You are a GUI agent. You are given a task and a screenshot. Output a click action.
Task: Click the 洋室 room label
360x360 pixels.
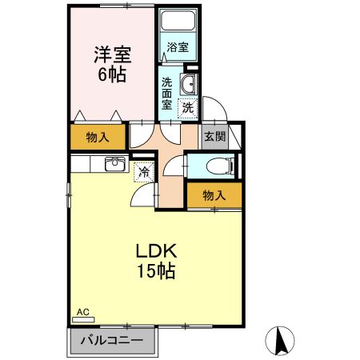point(112,55)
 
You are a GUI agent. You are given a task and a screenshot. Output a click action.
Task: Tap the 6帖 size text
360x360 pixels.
point(112,74)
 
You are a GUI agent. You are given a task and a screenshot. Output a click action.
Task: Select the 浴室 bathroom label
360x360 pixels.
point(178,47)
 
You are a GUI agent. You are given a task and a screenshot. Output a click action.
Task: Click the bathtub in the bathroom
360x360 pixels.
point(178,23)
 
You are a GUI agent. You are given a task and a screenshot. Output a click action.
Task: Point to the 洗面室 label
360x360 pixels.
point(166,92)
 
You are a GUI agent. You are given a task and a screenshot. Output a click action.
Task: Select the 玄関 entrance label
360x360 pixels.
point(213,137)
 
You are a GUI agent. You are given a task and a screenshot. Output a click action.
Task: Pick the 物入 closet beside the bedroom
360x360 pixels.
point(98,138)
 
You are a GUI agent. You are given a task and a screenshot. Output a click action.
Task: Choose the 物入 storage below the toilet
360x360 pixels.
point(214,194)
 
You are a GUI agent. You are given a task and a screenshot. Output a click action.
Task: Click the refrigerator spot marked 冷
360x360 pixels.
point(144,171)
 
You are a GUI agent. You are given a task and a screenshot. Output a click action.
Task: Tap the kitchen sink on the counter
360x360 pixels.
point(114,164)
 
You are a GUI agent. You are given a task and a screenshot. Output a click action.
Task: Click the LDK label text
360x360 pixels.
point(154,249)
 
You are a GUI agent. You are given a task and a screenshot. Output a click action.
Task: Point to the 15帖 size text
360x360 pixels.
point(155,270)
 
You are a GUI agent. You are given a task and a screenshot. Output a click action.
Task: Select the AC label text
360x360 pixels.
point(82,311)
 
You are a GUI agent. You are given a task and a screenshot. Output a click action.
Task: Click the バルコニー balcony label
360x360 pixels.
point(112,341)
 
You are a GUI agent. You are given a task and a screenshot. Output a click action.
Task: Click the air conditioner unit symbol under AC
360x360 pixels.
point(82,319)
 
